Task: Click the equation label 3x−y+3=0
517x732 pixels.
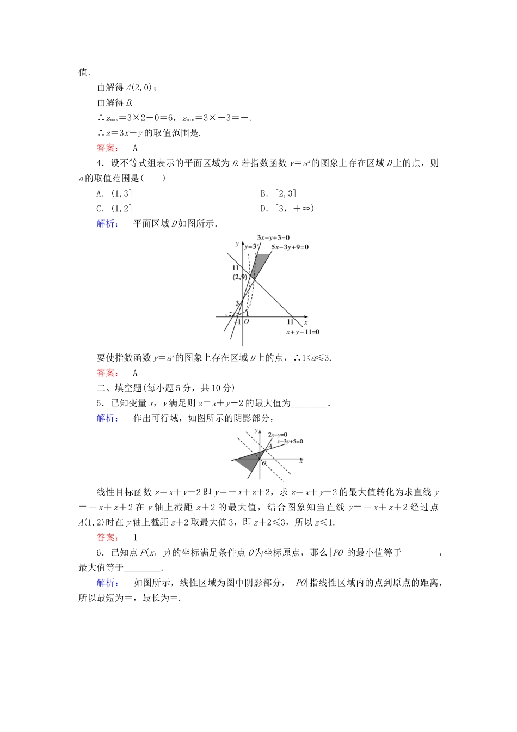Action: (273, 238)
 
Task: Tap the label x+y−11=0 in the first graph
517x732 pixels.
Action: (303, 332)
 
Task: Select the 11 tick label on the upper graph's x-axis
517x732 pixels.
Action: (290, 322)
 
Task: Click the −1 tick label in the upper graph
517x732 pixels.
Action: (237, 322)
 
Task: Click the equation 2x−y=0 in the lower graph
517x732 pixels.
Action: (278, 435)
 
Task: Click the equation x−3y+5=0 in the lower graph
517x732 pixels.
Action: (290, 442)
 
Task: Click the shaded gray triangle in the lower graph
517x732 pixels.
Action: (248, 461)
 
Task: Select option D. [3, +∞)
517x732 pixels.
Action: (287, 209)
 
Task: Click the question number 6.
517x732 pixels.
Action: (100, 553)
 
